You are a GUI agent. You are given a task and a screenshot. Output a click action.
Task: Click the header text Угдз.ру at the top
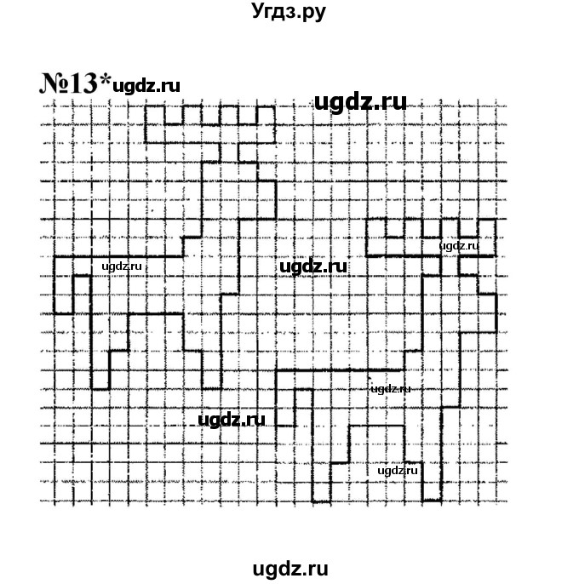point(289,12)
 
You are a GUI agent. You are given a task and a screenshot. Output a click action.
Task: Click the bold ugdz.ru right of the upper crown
point(359,103)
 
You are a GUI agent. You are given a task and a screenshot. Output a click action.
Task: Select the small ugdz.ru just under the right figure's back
point(392,388)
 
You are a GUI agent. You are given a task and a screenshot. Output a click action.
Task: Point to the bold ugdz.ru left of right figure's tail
point(231,419)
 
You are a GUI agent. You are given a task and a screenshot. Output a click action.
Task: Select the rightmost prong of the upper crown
point(267,115)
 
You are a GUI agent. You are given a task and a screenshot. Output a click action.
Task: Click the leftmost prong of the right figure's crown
point(377,228)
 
